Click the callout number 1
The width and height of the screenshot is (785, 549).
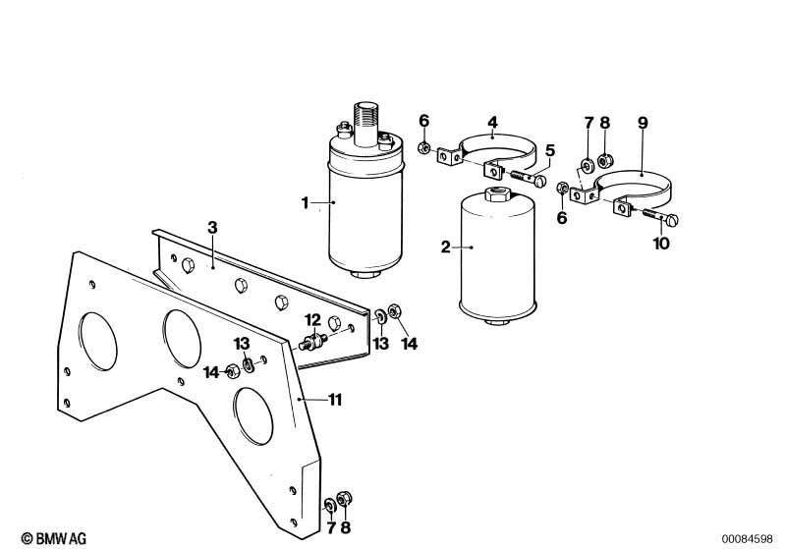click(x=305, y=203)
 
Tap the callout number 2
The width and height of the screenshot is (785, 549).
click(x=446, y=247)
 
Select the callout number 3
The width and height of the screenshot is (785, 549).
click(x=213, y=228)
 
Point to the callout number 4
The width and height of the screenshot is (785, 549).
click(x=492, y=122)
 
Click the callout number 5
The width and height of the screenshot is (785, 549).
click(x=550, y=150)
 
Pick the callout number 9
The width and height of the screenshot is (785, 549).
click(x=643, y=123)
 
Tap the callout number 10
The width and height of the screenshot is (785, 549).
click(x=661, y=244)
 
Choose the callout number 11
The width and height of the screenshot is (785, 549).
click(x=335, y=400)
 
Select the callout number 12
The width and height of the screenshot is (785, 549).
click(x=312, y=320)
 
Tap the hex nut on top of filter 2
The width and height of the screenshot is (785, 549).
click(x=498, y=193)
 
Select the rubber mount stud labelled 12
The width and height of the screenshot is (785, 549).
click(x=313, y=342)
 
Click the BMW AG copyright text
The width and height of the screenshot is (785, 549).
click(x=54, y=538)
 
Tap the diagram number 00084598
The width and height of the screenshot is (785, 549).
click(x=747, y=539)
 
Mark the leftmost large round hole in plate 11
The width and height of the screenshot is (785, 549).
click(x=97, y=342)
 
